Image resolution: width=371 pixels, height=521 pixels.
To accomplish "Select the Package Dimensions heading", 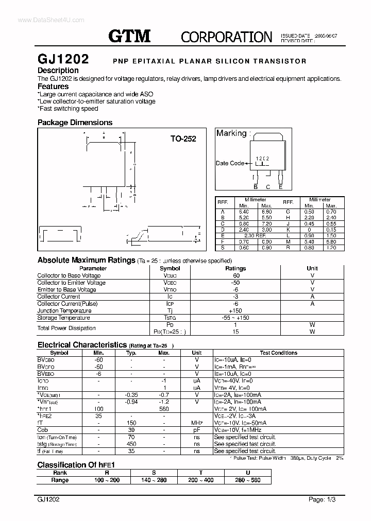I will tap(75, 123).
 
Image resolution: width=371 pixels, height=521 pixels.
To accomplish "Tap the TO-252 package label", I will tap(183, 139).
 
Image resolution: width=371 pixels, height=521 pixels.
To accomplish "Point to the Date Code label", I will tap(230, 163).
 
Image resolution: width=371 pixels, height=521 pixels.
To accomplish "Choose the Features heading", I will tap(53, 87).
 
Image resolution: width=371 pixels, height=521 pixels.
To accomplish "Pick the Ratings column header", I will tap(235, 268).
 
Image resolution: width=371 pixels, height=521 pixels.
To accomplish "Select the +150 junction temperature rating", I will tap(235, 310).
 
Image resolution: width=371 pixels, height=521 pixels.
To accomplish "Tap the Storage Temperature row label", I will tap(64, 318).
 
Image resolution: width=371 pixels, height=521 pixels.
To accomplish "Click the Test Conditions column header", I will tap(278, 353).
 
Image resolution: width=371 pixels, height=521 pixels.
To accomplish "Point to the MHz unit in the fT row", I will tap(196, 423).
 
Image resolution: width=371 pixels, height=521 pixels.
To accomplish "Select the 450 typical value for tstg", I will tap(131, 444).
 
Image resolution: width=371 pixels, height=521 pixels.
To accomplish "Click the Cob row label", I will tap(43, 430).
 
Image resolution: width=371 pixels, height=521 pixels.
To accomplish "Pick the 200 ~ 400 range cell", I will tap(201, 480).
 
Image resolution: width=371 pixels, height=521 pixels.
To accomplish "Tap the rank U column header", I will tap(248, 472).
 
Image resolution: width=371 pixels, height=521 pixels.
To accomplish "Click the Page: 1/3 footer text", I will tap(323, 499).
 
